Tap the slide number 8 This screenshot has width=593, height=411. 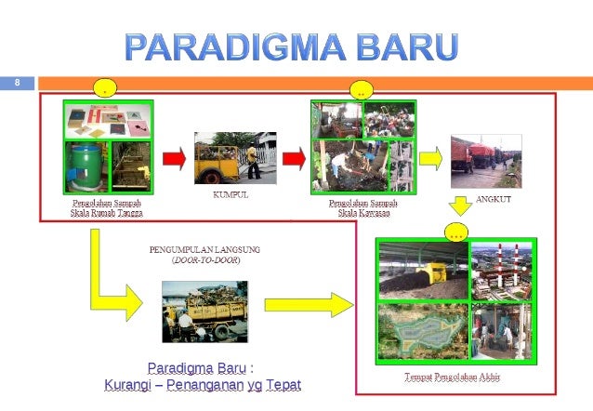click(x=16, y=84)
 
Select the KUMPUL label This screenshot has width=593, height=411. click(x=231, y=195)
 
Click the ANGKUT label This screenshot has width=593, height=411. click(x=494, y=199)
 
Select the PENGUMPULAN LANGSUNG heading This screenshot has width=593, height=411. click(x=204, y=249)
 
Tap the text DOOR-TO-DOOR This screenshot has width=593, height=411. click(x=205, y=260)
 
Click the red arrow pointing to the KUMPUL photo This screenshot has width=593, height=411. click(x=174, y=159)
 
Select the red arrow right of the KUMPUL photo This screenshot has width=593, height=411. click(x=294, y=159)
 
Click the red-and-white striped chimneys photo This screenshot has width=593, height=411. click(x=503, y=269)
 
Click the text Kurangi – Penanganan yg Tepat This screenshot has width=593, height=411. click(x=203, y=384)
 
